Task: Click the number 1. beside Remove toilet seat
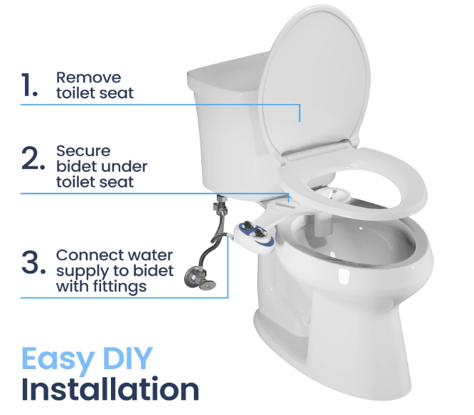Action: coord(29,85)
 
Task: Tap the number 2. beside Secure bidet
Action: coord(33,159)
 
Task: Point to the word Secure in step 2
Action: coord(84,151)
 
